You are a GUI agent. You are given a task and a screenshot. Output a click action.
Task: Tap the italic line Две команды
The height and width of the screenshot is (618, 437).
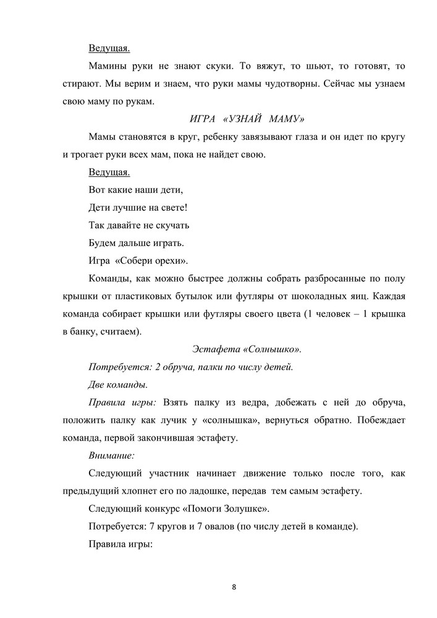[x=117, y=384]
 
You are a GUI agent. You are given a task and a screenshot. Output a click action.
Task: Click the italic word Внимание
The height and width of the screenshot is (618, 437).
[x=111, y=455]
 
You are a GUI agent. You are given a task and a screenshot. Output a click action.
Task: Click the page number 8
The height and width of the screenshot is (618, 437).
[x=234, y=586]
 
